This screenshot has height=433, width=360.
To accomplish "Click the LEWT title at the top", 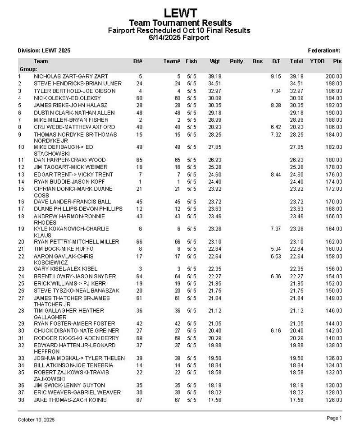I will click(180, 12).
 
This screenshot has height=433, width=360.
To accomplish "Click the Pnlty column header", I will click(236, 61).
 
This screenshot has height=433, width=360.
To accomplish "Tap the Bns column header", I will click(257, 61).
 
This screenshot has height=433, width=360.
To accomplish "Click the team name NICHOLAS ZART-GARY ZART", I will click(71, 76).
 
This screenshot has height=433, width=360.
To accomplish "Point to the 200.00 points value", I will click(333, 76).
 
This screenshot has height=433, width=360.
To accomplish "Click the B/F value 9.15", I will click(276, 76).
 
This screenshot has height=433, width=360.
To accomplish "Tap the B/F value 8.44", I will click(276, 174).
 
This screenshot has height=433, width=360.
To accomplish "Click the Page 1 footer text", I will click(334, 418).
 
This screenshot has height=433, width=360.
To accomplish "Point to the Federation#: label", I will click(324, 51).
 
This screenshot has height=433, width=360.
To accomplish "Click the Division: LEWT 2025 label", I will click(44, 51).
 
